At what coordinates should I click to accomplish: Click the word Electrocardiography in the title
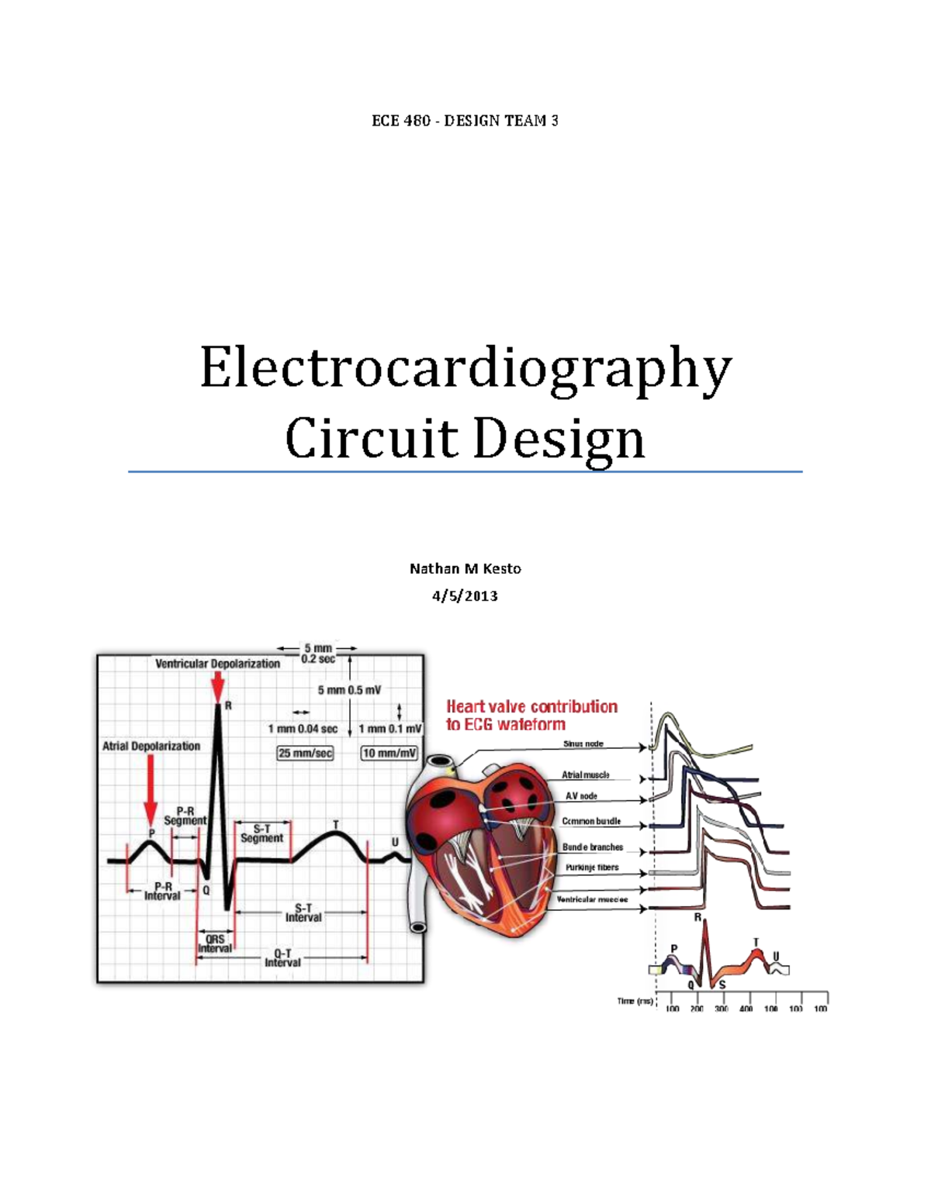coord(465,369)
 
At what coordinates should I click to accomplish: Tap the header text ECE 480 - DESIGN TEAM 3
coord(465,121)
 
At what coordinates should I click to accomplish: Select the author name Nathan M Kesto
coord(465,568)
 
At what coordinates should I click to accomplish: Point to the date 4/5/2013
coord(465,596)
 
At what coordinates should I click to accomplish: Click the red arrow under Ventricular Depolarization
coord(218,687)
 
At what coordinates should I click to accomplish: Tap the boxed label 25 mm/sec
coord(305,753)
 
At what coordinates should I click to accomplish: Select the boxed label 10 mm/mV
coord(389,753)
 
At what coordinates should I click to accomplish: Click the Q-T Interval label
coord(282,958)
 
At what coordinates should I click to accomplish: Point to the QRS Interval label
coord(215,944)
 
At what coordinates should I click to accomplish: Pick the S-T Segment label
coord(261,833)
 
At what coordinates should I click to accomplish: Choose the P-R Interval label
coord(162,891)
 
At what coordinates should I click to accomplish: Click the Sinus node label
coord(583,744)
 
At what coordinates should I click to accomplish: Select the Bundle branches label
coord(593,847)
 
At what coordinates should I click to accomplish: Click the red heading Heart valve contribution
coord(531,706)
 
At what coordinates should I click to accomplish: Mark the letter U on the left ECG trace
coord(395,843)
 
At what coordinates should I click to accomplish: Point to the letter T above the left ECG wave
coord(336,825)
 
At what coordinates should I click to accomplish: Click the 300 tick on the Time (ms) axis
coord(721,1009)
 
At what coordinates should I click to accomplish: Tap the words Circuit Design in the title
coord(465,439)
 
